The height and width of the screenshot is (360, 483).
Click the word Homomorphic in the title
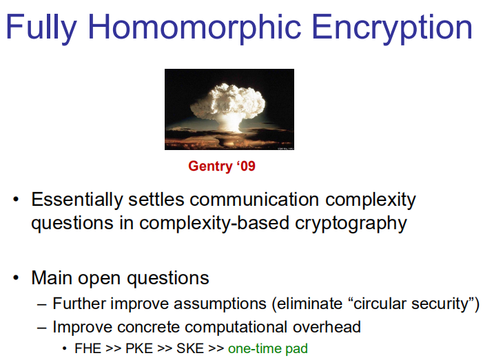[194, 28]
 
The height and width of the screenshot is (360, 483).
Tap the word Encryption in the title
[392, 28]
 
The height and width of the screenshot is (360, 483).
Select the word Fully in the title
[41, 28]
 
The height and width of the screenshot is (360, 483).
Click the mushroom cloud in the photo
[228, 106]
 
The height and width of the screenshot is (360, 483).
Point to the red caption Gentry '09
[222, 166]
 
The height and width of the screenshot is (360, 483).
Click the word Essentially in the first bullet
[77, 200]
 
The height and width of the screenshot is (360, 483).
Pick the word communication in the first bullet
[254, 200]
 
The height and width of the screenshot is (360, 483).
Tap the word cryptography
[351, 224]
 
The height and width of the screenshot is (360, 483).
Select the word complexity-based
[214, 224]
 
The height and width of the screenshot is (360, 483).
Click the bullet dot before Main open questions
[16, 278]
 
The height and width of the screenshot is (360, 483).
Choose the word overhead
[327, 327]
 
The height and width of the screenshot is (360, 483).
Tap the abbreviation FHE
[88, 348]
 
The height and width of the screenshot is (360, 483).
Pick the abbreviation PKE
[139, 348]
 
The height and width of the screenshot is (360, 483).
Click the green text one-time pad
[268, 349]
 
